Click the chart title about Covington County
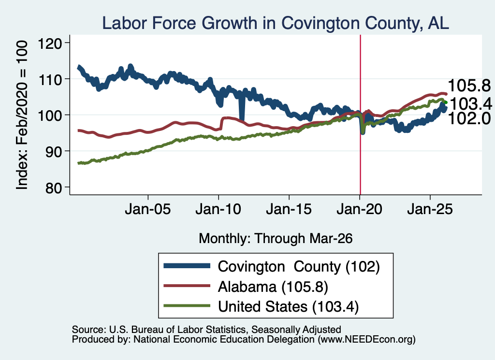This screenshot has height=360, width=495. [x=275, y=23]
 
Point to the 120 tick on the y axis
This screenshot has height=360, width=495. [x=50, y=43]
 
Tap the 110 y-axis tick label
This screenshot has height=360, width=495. [x=50, y=79]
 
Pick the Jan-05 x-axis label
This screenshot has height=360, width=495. [x=148, y=209]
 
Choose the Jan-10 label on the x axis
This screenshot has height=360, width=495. [x=218, y=209]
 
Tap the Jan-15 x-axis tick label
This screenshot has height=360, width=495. [x=289, y=209]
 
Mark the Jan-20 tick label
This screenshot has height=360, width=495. [x=360, y=209]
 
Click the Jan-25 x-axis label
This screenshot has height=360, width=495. [x=430, y=209]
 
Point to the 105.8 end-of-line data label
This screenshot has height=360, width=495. [x=469, y=86]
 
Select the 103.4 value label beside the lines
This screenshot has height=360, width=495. [x=471, y=104]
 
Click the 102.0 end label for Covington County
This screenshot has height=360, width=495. [x=469, y=119]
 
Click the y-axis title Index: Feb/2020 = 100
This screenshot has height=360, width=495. [x=22, y=115]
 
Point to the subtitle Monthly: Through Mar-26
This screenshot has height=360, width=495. [x=276, y=239]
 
